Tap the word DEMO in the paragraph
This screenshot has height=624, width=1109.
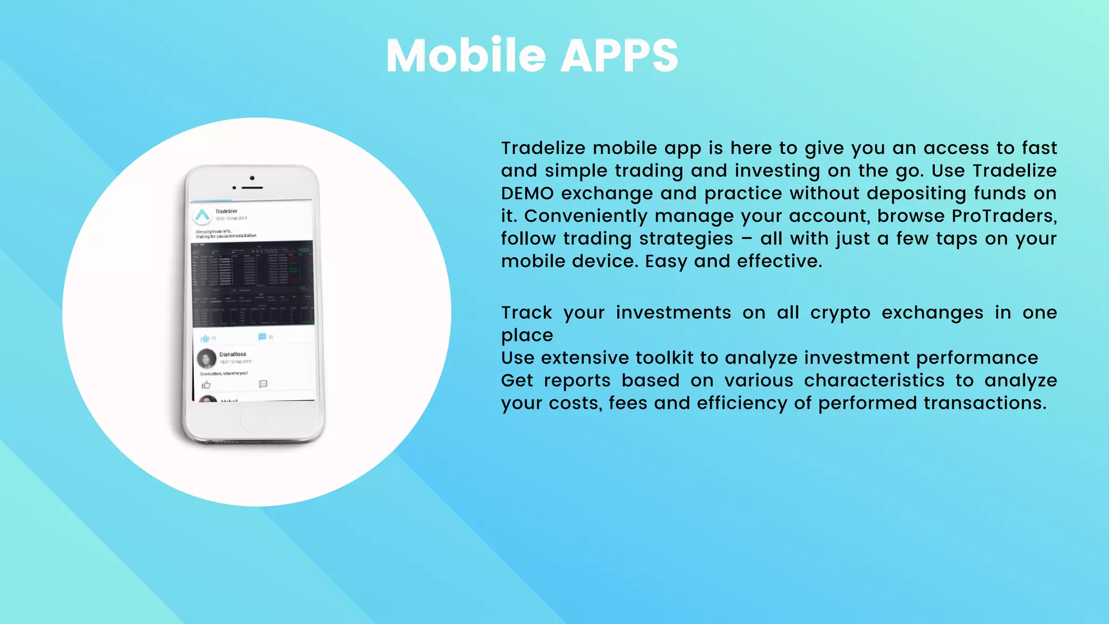pyautogui.click(x=527, y=193)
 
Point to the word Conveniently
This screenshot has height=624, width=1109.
pyautogui.click(x=585, y=216)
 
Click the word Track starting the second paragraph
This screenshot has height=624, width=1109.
pyautogui.click(x=526, y=313)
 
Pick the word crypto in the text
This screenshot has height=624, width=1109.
pyautogui.click(x=840, y=313)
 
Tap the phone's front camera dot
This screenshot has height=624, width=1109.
pyautogui.click(x=252, y=178)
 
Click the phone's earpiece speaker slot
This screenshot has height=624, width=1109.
pyautogui.click(x=252, y=187)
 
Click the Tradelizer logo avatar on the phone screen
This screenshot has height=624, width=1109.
pyautogui.click(x=203, y=216)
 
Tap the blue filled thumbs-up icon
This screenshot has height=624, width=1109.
pyautogui.click(x=205, y=339)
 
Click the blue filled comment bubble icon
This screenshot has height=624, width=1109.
pyautogui.click(x=262, y=337)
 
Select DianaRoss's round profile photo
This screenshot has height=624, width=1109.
pyautogui.click(x=206, y=358)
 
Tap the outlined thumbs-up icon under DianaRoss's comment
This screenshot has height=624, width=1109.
pyautogui.click(x=206, y=385)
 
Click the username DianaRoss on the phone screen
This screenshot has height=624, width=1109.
pyautogui.click(x=232, y=354)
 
